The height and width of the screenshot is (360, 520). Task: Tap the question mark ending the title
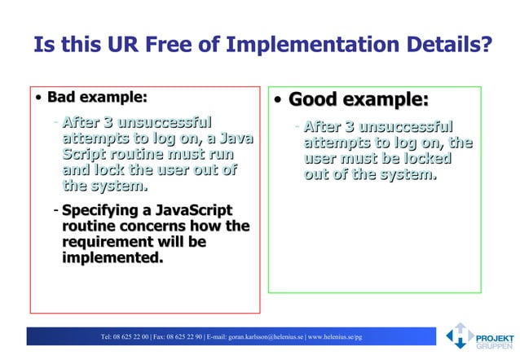[486, 44]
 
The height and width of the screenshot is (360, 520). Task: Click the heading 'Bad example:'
[98, 98]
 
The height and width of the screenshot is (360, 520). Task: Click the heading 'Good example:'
[359, 100]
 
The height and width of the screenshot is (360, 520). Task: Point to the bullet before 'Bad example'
[38, 99]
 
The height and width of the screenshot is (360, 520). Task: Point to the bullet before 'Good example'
[279, 101]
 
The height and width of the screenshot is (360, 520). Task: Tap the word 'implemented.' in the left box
[112, 258]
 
